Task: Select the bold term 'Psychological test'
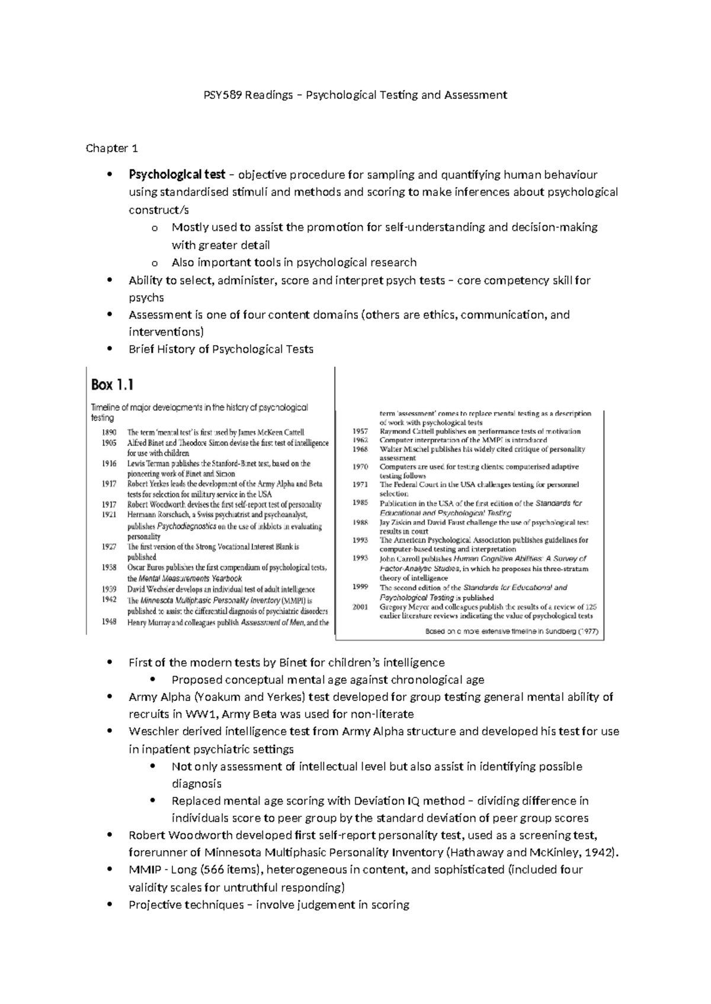(x=177, y=175)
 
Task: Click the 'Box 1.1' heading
(x=112, y=385)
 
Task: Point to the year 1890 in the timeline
(x=109, y=432)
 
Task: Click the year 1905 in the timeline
(x=109, y=443)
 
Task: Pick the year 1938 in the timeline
(x=109, y=568)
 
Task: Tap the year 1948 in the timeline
(x=109, y=622)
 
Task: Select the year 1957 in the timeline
(x=360, y=432)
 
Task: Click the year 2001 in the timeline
(x=360, y=607)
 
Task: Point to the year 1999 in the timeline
(x=360, y=587)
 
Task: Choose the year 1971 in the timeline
(x=360, y=484)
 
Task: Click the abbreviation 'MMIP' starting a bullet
(x=145, y=870)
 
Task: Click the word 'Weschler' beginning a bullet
(x=153, y=731)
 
